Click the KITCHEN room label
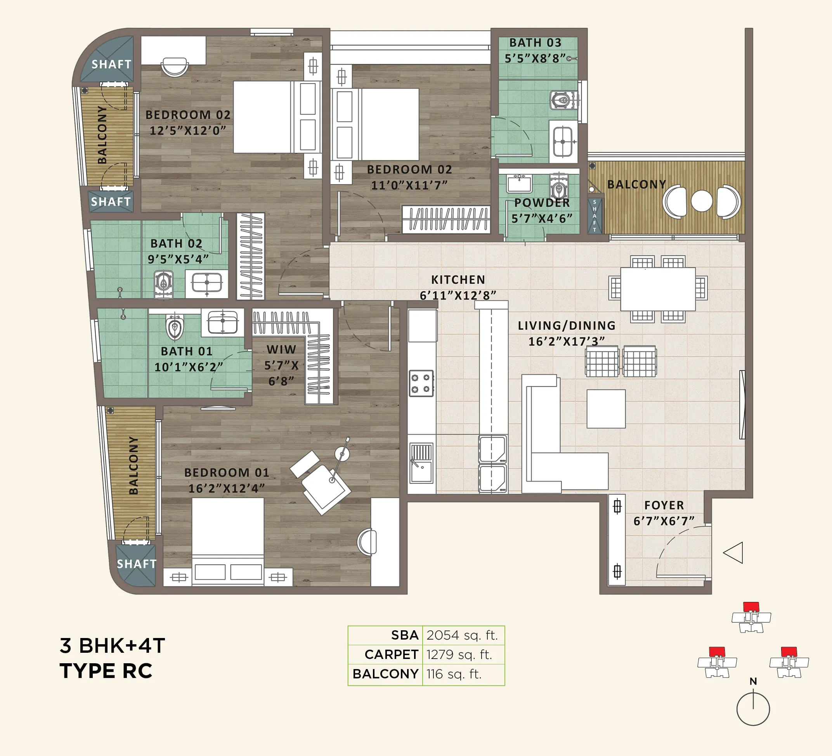458,280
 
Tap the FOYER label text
664,505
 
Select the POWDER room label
542,203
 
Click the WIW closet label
281,350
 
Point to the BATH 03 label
535,43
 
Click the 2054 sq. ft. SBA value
462,635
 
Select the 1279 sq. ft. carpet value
459,654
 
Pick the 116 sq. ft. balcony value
454,674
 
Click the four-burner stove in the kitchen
421,383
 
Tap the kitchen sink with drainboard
421,463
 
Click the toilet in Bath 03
563,100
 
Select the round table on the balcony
701,201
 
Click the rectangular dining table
657,289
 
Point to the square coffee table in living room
606,409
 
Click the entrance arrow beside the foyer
733,553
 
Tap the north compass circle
753,709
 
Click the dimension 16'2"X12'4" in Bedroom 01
226,489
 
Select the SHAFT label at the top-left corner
111,64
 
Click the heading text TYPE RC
106,671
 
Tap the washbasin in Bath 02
206,283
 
